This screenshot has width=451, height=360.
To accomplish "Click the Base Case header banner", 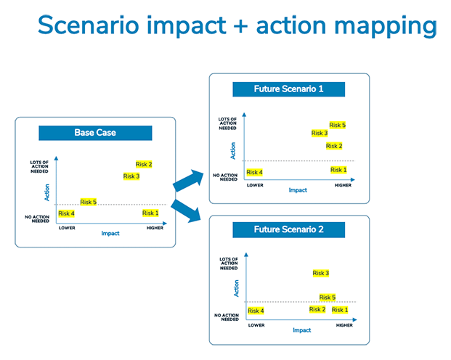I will coord(95,133).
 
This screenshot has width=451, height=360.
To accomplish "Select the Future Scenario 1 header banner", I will coord(288,89).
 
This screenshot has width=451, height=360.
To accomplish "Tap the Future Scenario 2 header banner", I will coord(288,230).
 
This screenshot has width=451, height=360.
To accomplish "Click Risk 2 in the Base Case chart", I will coord(144,164).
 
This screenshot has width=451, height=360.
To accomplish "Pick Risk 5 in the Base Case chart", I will coord(89,202).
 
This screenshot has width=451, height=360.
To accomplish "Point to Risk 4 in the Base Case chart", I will coord(66,213).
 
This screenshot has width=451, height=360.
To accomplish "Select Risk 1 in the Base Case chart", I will coord(150,213).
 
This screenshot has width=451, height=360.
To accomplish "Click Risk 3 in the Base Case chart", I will coord(131,176).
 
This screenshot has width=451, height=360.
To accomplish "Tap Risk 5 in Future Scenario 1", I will coord(338,125).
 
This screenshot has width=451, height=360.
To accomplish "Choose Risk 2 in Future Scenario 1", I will coord(334,146).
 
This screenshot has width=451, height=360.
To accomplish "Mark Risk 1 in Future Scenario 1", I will coord(338,170).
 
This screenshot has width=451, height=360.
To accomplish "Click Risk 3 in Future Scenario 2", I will coord(321,273).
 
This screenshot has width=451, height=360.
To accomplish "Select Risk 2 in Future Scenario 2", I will coord(317,310).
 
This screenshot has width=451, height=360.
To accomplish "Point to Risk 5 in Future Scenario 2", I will coord(328,298).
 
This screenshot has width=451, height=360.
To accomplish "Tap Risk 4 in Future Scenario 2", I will coord(256,311).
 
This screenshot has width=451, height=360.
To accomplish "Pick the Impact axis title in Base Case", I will coord(110,234).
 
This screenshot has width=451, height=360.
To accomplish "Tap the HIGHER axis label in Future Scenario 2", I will coord(344,325).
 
